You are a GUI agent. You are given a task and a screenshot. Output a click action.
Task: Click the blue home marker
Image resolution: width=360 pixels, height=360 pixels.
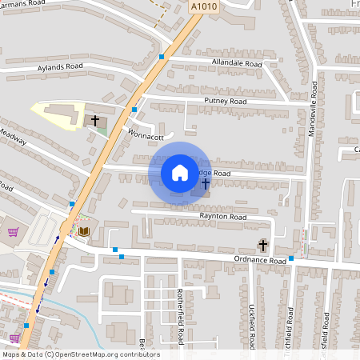click(179, 173)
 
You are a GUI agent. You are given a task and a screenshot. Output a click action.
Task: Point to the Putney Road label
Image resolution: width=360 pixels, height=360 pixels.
click(226, 102)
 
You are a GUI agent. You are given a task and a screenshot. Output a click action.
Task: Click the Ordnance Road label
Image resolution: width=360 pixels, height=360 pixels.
click(260, 260)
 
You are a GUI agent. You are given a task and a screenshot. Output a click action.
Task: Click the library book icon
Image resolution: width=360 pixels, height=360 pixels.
click(84, 231)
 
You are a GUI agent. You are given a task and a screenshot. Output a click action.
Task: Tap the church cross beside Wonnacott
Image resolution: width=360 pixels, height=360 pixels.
click(95, 121)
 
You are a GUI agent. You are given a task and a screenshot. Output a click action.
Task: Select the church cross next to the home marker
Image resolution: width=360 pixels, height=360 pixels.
click(206, 184)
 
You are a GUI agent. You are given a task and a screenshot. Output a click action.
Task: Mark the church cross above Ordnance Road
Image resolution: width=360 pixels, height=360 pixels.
click(262, 244)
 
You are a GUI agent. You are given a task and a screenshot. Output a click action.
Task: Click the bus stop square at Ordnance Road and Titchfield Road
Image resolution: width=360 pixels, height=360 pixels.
click(291, 258)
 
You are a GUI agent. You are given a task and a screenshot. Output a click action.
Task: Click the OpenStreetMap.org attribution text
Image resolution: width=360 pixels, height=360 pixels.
click(104, 354)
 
